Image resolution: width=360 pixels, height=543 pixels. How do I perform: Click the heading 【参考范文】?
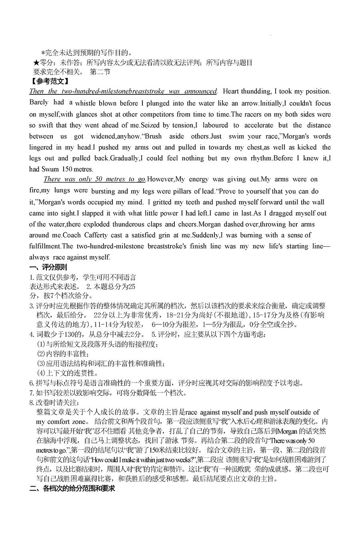pyautogui.click(x=47, y=81)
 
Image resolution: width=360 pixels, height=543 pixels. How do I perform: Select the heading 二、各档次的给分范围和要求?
pyautogui.click(x=72, y=488)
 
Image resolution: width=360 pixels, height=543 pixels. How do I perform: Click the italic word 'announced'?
pyautogui.click(x=202, y=91)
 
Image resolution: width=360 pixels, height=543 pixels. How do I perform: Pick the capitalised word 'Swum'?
pyautogui.click(x=49, y=169)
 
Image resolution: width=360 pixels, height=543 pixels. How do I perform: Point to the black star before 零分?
pyautogui.click(x=36, y=63)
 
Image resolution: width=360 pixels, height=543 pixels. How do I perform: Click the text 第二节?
pyautogui.click(x=100, y=72)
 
